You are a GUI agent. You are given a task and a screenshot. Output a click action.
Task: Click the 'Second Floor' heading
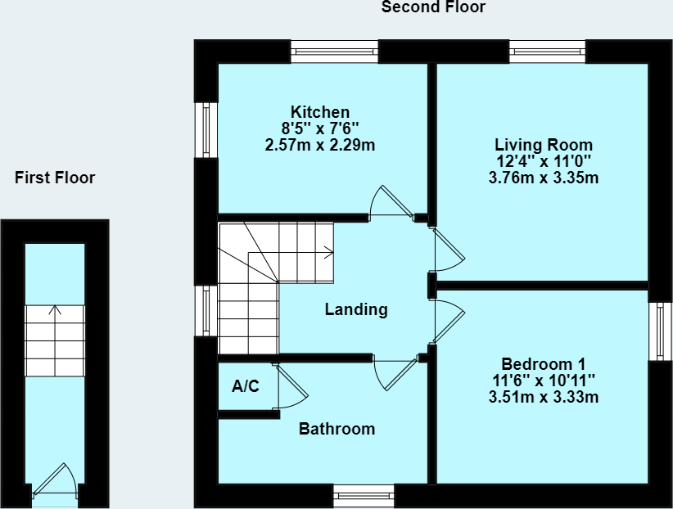click(433, 8)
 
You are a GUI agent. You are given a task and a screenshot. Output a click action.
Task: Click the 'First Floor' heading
click(55, 178)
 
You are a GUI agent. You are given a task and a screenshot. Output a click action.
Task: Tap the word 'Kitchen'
click(320, 112)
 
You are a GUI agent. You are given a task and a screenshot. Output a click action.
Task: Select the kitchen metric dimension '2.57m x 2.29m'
click(320, 146)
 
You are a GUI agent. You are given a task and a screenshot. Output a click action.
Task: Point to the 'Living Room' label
click(544, 146)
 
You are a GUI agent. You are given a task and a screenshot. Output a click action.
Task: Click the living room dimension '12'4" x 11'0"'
click(544, 162)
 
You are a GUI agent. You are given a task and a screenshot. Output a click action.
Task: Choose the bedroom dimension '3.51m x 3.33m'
click(544, 399)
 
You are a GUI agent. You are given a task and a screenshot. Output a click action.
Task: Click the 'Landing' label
click(356, 309)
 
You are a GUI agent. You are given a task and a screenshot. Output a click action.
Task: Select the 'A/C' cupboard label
click(246, 386)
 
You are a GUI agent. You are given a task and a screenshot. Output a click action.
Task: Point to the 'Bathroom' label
click(336, 429)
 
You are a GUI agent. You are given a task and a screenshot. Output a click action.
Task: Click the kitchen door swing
click(389, 201)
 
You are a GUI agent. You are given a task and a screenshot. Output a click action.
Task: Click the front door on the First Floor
click(56, 483)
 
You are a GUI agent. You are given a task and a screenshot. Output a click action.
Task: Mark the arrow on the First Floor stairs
click(55, 311)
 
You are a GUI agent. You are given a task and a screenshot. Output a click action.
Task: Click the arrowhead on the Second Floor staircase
click(329, 254)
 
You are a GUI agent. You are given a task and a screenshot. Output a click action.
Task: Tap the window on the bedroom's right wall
click(659, 331)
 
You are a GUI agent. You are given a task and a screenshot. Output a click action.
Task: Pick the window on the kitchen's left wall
click(206, 129)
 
